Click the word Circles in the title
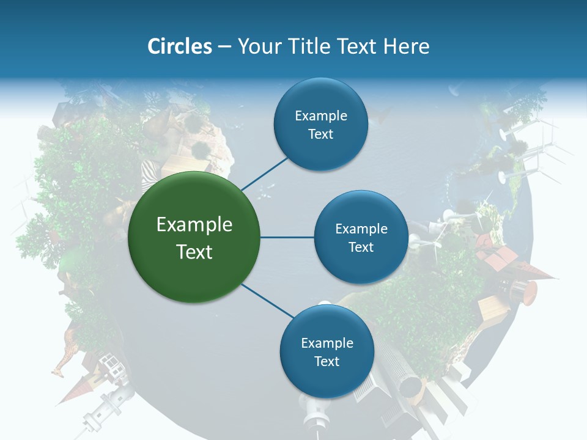tap(179, 46)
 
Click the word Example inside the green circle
tap(194, 225)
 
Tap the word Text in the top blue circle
tap(320, 134)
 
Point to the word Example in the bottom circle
tap(327, 343)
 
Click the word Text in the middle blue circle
tap(361, 247)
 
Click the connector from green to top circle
tap(264, 173)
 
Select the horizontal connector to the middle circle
tap(287, 237)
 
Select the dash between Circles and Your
tap(224, 47)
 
